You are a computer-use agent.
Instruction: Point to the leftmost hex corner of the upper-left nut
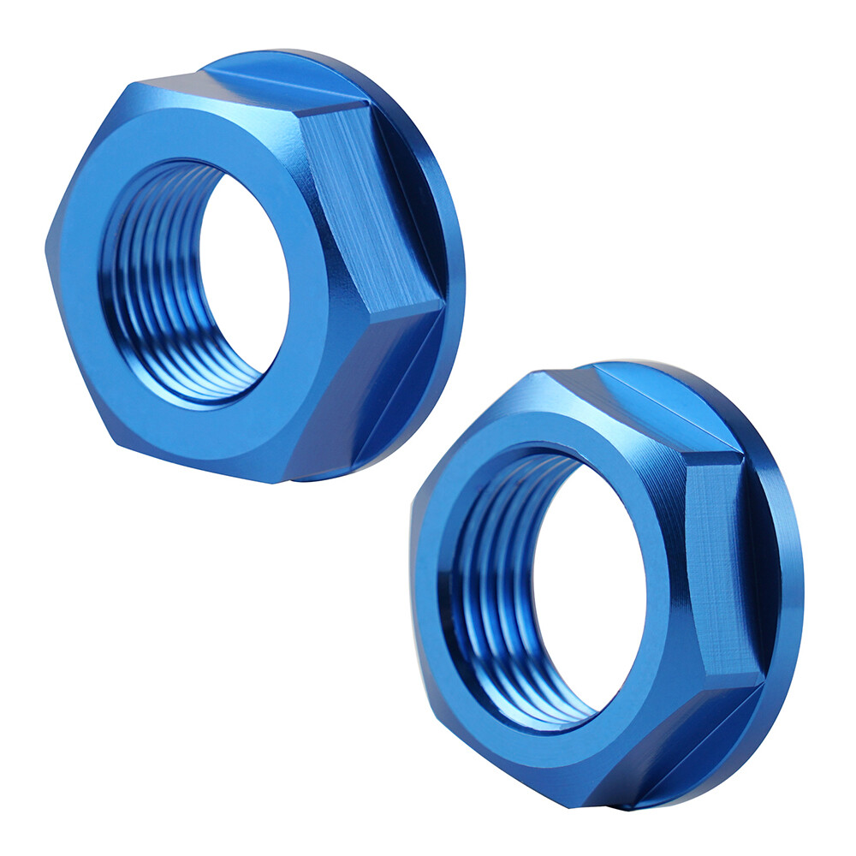coord(49,248)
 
